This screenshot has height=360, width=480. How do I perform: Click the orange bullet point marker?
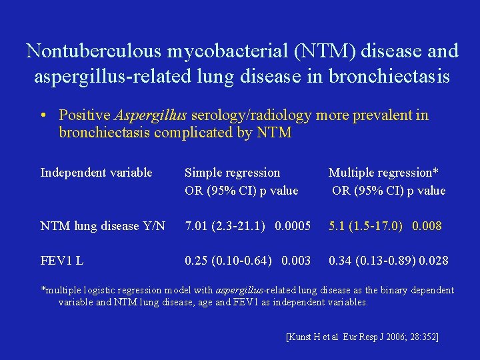pos(41,115)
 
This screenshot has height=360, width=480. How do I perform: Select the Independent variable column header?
pos(96,173)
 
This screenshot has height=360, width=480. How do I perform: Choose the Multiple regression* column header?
pos(383,173)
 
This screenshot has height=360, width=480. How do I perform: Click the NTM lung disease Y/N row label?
pos(103,226)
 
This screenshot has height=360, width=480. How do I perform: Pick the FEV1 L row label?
pos(61,260)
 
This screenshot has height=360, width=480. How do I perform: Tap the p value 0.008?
pos(427,226)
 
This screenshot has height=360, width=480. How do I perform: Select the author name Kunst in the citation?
pos(302,337)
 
